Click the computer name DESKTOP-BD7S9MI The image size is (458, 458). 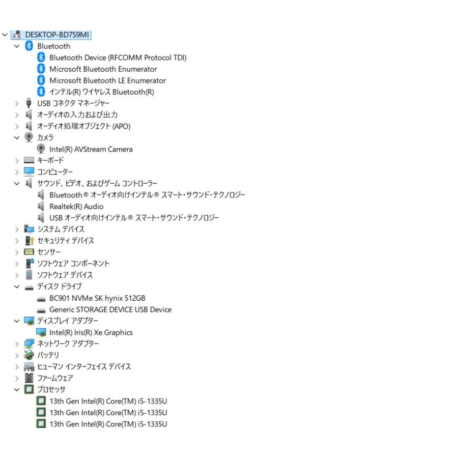[x=57, y=35]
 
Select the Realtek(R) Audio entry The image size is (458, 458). [x=76, y=207]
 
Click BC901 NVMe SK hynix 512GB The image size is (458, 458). [x=97, y=298]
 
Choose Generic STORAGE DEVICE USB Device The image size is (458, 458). [x=110, y=309]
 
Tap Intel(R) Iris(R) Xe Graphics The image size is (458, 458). [x=91, y=332]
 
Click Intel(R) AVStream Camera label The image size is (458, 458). [x=91, y=149]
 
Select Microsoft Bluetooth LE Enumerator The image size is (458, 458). [x=107, y=80]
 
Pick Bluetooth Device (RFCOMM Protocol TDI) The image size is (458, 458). [x=118, y=58]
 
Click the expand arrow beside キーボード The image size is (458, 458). [x=17, y=161]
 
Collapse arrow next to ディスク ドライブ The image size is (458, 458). [x=17, y=287]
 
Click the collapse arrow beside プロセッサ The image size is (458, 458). [x=17, y=390]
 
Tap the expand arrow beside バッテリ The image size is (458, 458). [x=17, y=356]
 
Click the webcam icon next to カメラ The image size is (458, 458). [x=28, y=137]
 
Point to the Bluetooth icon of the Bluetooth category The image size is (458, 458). [x=29, y=46]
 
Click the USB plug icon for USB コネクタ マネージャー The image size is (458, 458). [x=28, y=103]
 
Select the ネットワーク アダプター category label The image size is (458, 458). [x=68, y=344]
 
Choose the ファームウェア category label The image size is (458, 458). [x=55, y=378]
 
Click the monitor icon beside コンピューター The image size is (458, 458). [x=29, y=171]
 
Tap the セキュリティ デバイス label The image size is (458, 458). [x=66, y=241]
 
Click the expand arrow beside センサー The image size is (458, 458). [x=17, y=252]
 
